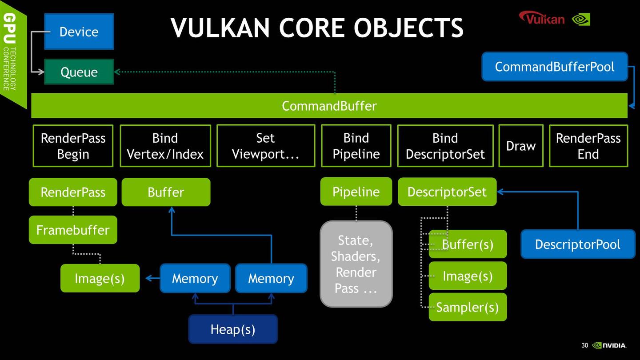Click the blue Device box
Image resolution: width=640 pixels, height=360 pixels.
coord(79,32)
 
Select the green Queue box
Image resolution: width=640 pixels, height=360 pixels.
coord(79,72)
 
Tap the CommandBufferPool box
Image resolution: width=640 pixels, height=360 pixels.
coord(554,67)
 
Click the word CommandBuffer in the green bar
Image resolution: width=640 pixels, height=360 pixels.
coord(329,106)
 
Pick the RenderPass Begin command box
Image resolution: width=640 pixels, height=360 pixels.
coord(73,146)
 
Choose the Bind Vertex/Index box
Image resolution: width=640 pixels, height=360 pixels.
coord(165,146)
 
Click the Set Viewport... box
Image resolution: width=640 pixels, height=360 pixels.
coord(265,146)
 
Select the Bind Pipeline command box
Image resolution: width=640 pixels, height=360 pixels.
coord(356,146)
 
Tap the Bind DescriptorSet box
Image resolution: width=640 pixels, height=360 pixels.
coord(445,146)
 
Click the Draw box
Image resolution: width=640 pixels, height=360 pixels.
coord(521,146)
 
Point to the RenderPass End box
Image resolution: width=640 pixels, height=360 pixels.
coord(588,146)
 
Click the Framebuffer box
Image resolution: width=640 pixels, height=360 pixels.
coord(73,230)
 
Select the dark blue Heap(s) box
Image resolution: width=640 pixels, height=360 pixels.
coord(232,329)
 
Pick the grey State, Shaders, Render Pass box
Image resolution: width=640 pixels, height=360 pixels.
coord(356,264)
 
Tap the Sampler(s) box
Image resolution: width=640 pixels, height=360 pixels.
coord(467,307)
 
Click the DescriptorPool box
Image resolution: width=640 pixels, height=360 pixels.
coord(577,244)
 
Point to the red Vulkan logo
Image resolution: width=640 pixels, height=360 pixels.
coord(542,19)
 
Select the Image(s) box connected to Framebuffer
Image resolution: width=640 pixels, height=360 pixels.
coord(100,278)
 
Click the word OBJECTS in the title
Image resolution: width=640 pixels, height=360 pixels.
coord(408,28)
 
